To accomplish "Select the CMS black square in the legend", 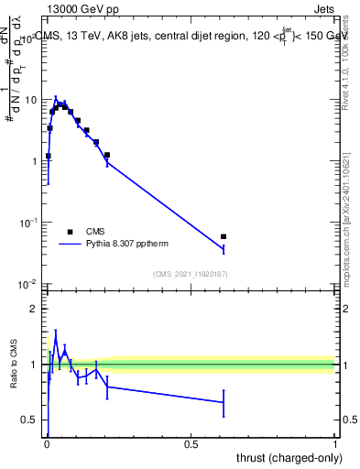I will click(70, 232).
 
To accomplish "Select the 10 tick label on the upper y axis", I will click(30, 99).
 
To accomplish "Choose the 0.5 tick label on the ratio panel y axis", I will click(28, 420).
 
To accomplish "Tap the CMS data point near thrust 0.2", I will click(107, 155).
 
